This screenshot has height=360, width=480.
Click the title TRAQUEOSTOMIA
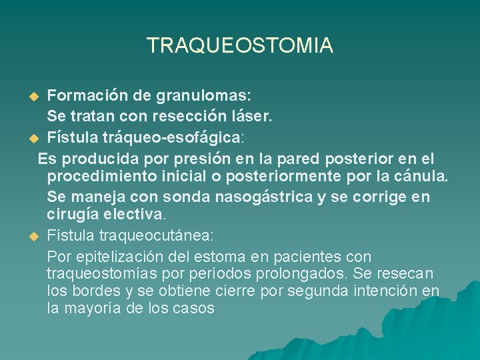click(239, 45)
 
